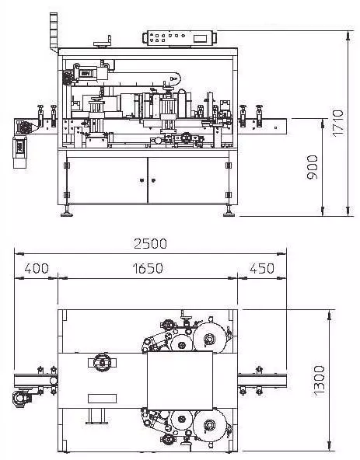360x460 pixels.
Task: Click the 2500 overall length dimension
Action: click(150, 244)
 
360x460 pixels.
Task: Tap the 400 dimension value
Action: click(37, 268)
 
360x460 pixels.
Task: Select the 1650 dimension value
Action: click(148, 268)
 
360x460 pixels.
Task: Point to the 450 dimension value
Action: click(262, 268)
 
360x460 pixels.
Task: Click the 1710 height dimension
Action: click(337, 123)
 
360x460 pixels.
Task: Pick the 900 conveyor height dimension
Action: click(312, 167)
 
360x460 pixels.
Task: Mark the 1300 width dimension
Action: click(320, 381)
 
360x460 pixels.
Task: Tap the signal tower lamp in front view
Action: click(54, 33)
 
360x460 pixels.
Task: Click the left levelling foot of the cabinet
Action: click(67, 211)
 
